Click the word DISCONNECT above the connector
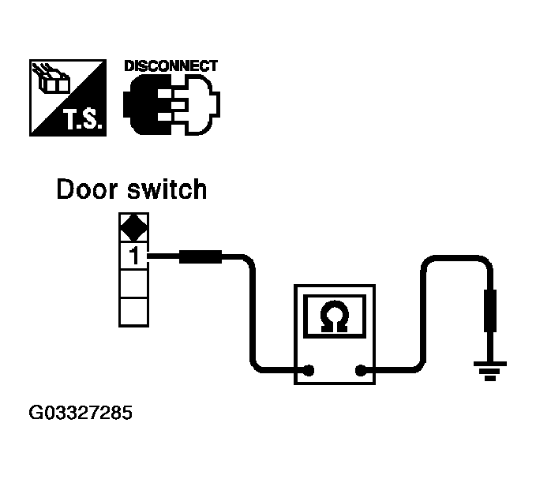171,66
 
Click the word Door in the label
86,190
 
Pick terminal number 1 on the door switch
133,256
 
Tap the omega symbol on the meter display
335,317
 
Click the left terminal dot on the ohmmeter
310,370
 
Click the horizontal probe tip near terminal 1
202,256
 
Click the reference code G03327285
80,413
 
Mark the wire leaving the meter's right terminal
422,316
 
